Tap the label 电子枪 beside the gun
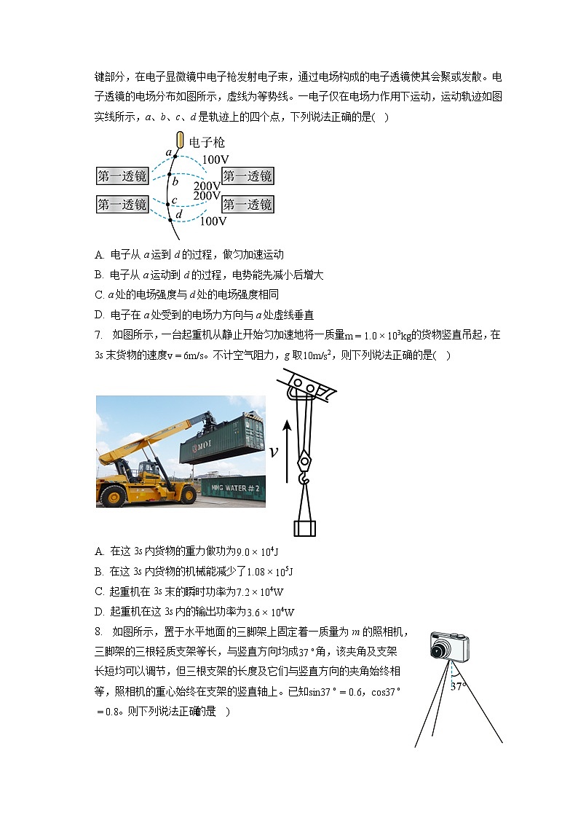pos(206,143)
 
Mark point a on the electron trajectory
pos(168,153)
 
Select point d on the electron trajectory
pos(178,214)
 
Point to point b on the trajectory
pos(175,182)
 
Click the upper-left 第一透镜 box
pos(122,176)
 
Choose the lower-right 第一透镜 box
pos(248,204)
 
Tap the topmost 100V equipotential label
pos(215,160)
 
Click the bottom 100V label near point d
pos(213,221)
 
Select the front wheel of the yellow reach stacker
pos(114,495)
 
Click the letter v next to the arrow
pos(274,452)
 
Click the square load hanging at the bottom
pos(304,527)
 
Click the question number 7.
pos(99,335)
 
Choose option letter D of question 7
pos(99,612)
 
